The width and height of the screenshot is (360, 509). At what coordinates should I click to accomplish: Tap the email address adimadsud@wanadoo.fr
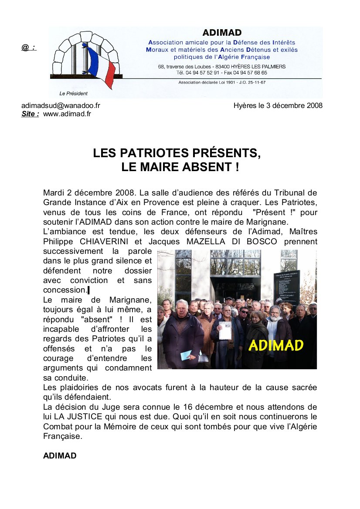click(x=61, y=105)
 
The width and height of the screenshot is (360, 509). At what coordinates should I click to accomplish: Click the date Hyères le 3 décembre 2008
click(x=278, y=105)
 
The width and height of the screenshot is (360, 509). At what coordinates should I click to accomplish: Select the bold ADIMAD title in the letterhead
click(x=222, y=33)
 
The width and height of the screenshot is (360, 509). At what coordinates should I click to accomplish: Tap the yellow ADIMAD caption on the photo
click(x=276, y=345)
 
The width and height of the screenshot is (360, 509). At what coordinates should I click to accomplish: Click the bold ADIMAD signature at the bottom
click(x=60, y=456)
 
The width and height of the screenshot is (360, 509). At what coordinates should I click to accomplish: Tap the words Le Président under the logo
click(x=73, y=94)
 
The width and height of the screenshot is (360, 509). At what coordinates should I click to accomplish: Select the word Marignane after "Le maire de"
click(x=129, y=300)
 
